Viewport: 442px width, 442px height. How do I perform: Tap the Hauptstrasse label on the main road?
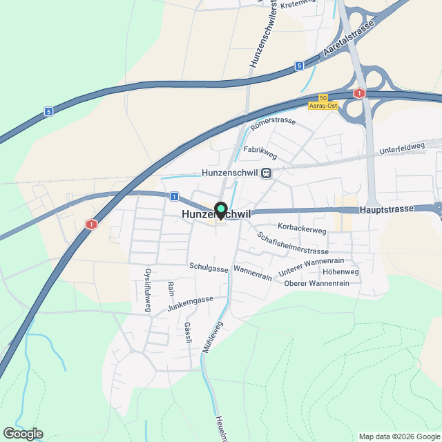[x=386, y=209]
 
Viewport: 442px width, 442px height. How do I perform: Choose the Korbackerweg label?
[x=301, y=227]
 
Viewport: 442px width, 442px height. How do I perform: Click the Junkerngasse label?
[x=190, y=300]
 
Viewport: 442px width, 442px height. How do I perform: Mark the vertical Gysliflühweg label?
[x=147, y=291]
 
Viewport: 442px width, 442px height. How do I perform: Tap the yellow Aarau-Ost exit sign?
[x=322, y=104]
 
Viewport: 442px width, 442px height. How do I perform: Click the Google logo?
[x=22, y=433]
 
